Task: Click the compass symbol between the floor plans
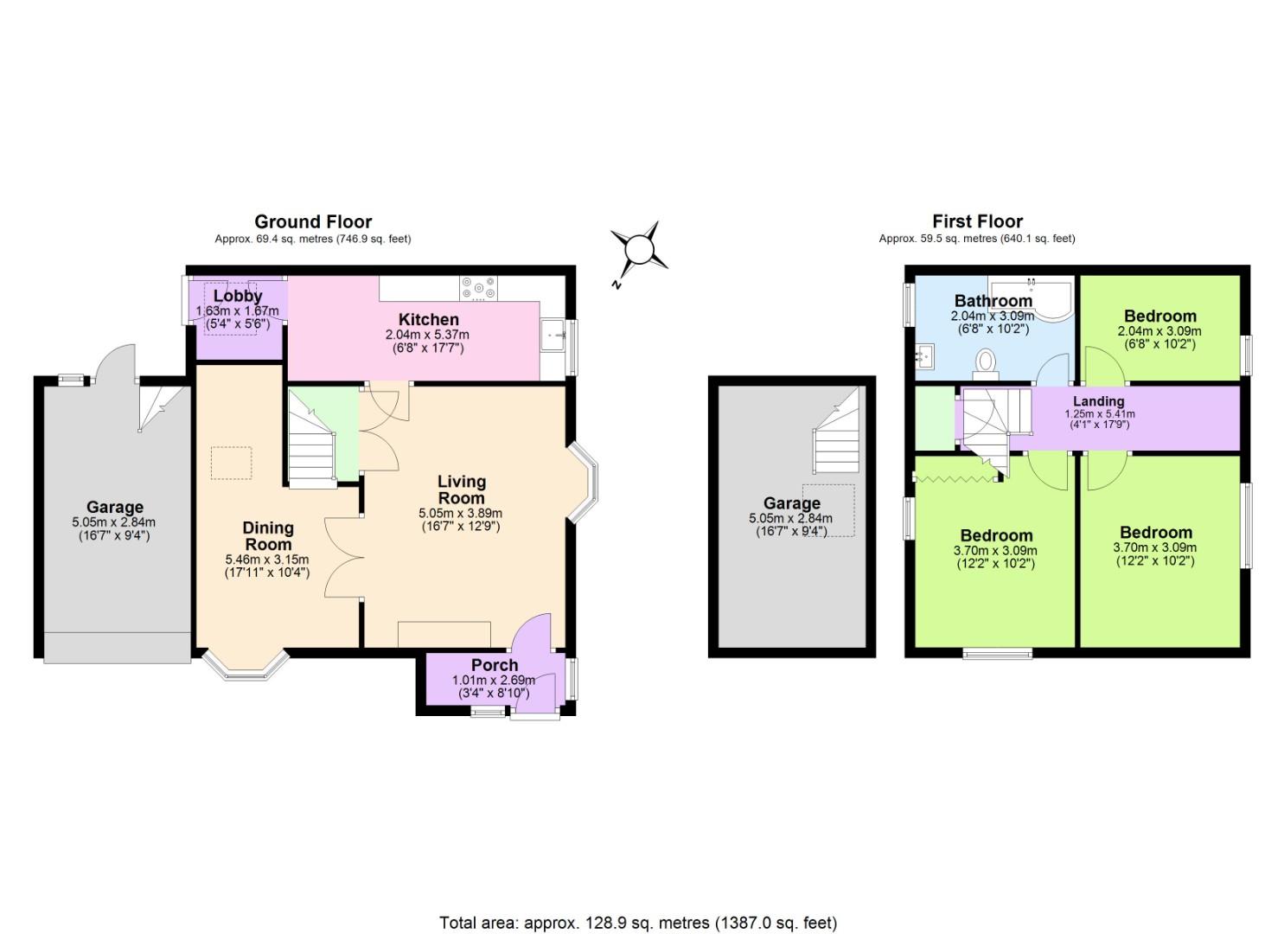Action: pos(639,249)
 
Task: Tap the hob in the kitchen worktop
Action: pos(478,288)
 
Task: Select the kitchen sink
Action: pos(553,335)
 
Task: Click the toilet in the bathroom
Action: pos(985,363)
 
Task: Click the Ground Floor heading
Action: pos(313,221)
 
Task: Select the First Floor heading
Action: pos(977,221)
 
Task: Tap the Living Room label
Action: pos(461,489)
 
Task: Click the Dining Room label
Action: pos(268,536)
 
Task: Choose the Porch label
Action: pos(495,665)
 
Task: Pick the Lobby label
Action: pos(238,297)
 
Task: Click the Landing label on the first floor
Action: pos(1098,401)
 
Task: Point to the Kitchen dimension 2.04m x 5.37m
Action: pos(427,335)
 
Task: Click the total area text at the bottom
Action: pos(638,923)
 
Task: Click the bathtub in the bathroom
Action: pos(1032,298)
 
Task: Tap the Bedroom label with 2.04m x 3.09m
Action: pos(1159,317)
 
